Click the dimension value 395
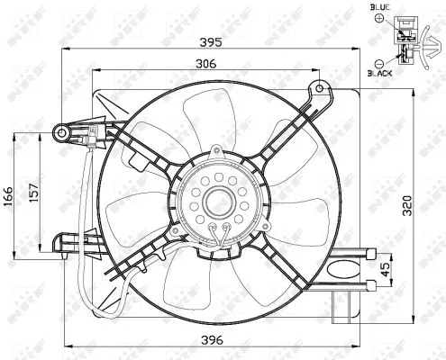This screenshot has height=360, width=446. pyautogui.click(x=210, y=42)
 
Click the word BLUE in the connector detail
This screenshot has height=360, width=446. pyautogui.click(x=380, y=7)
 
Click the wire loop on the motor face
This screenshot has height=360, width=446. pyautogui.click(x=218, y=236)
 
